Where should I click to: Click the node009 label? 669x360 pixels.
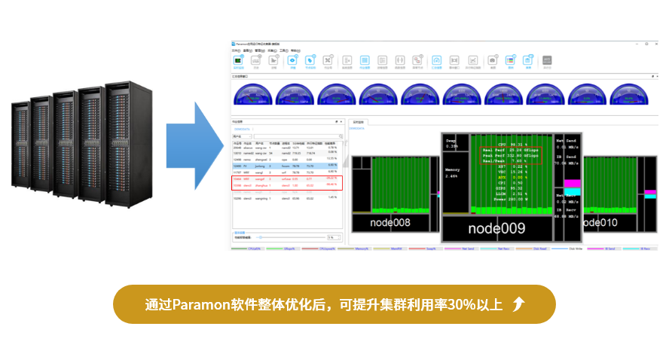[x=498, y=228]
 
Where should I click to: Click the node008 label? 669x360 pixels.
[x=391, y=223]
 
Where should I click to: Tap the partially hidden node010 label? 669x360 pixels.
[x=601, y=222]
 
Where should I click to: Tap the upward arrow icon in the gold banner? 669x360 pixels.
[x=518, y=304]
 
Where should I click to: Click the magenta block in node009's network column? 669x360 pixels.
[x=572, y=183]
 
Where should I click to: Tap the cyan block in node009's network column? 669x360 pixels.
[x=572, y=191]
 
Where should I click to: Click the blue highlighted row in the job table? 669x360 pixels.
[x=287, y=164]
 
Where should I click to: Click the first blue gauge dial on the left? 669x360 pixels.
[x=254, y=94]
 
